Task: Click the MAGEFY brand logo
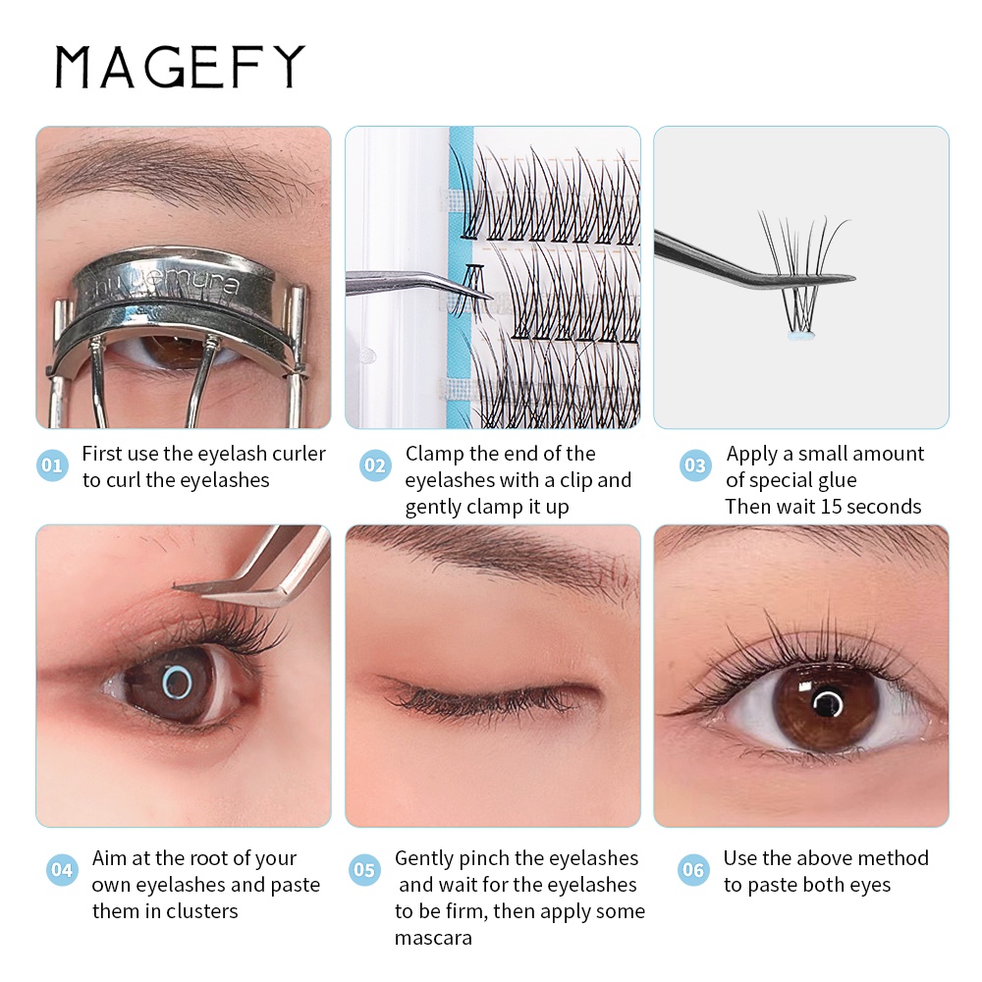[x=180, y=67]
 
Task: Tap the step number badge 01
[x=52, y=465]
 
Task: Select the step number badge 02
[x=374, y=465]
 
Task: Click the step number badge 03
[x=695, y=465]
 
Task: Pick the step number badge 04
[x=62, y=870]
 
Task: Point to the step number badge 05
[x=364, y=870]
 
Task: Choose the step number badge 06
[x=693, y=870]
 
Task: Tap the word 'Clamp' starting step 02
[x=433, y=454]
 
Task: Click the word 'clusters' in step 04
[x=201, y=911]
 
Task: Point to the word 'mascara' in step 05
[x=433, y=938]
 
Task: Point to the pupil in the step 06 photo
[x=827, y=703]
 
